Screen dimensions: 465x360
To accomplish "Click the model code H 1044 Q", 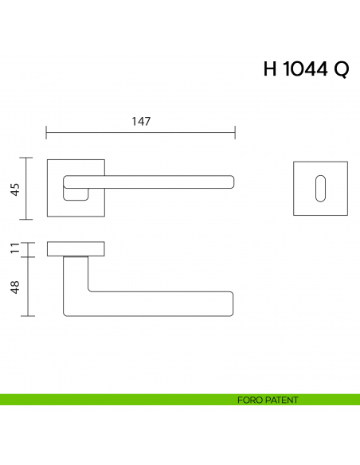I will click(x=305, y=69).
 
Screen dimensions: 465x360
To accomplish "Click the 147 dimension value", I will click(x=141, y=121).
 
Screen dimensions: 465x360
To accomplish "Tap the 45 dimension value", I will click(x=14, y=189).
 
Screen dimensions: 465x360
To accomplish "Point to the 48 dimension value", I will click(x=14, y=287).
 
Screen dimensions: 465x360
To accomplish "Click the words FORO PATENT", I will click(x=268, y=400).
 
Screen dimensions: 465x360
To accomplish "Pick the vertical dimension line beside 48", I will click(x=29, y=287).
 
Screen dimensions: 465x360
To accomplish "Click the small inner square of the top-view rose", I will click(x=76, y=192).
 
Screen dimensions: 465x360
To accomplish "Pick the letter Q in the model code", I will click(x=340, y=70).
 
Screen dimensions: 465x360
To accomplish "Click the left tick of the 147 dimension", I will click(x=47, y=132).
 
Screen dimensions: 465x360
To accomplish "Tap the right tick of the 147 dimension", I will click(x=235, y=132).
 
